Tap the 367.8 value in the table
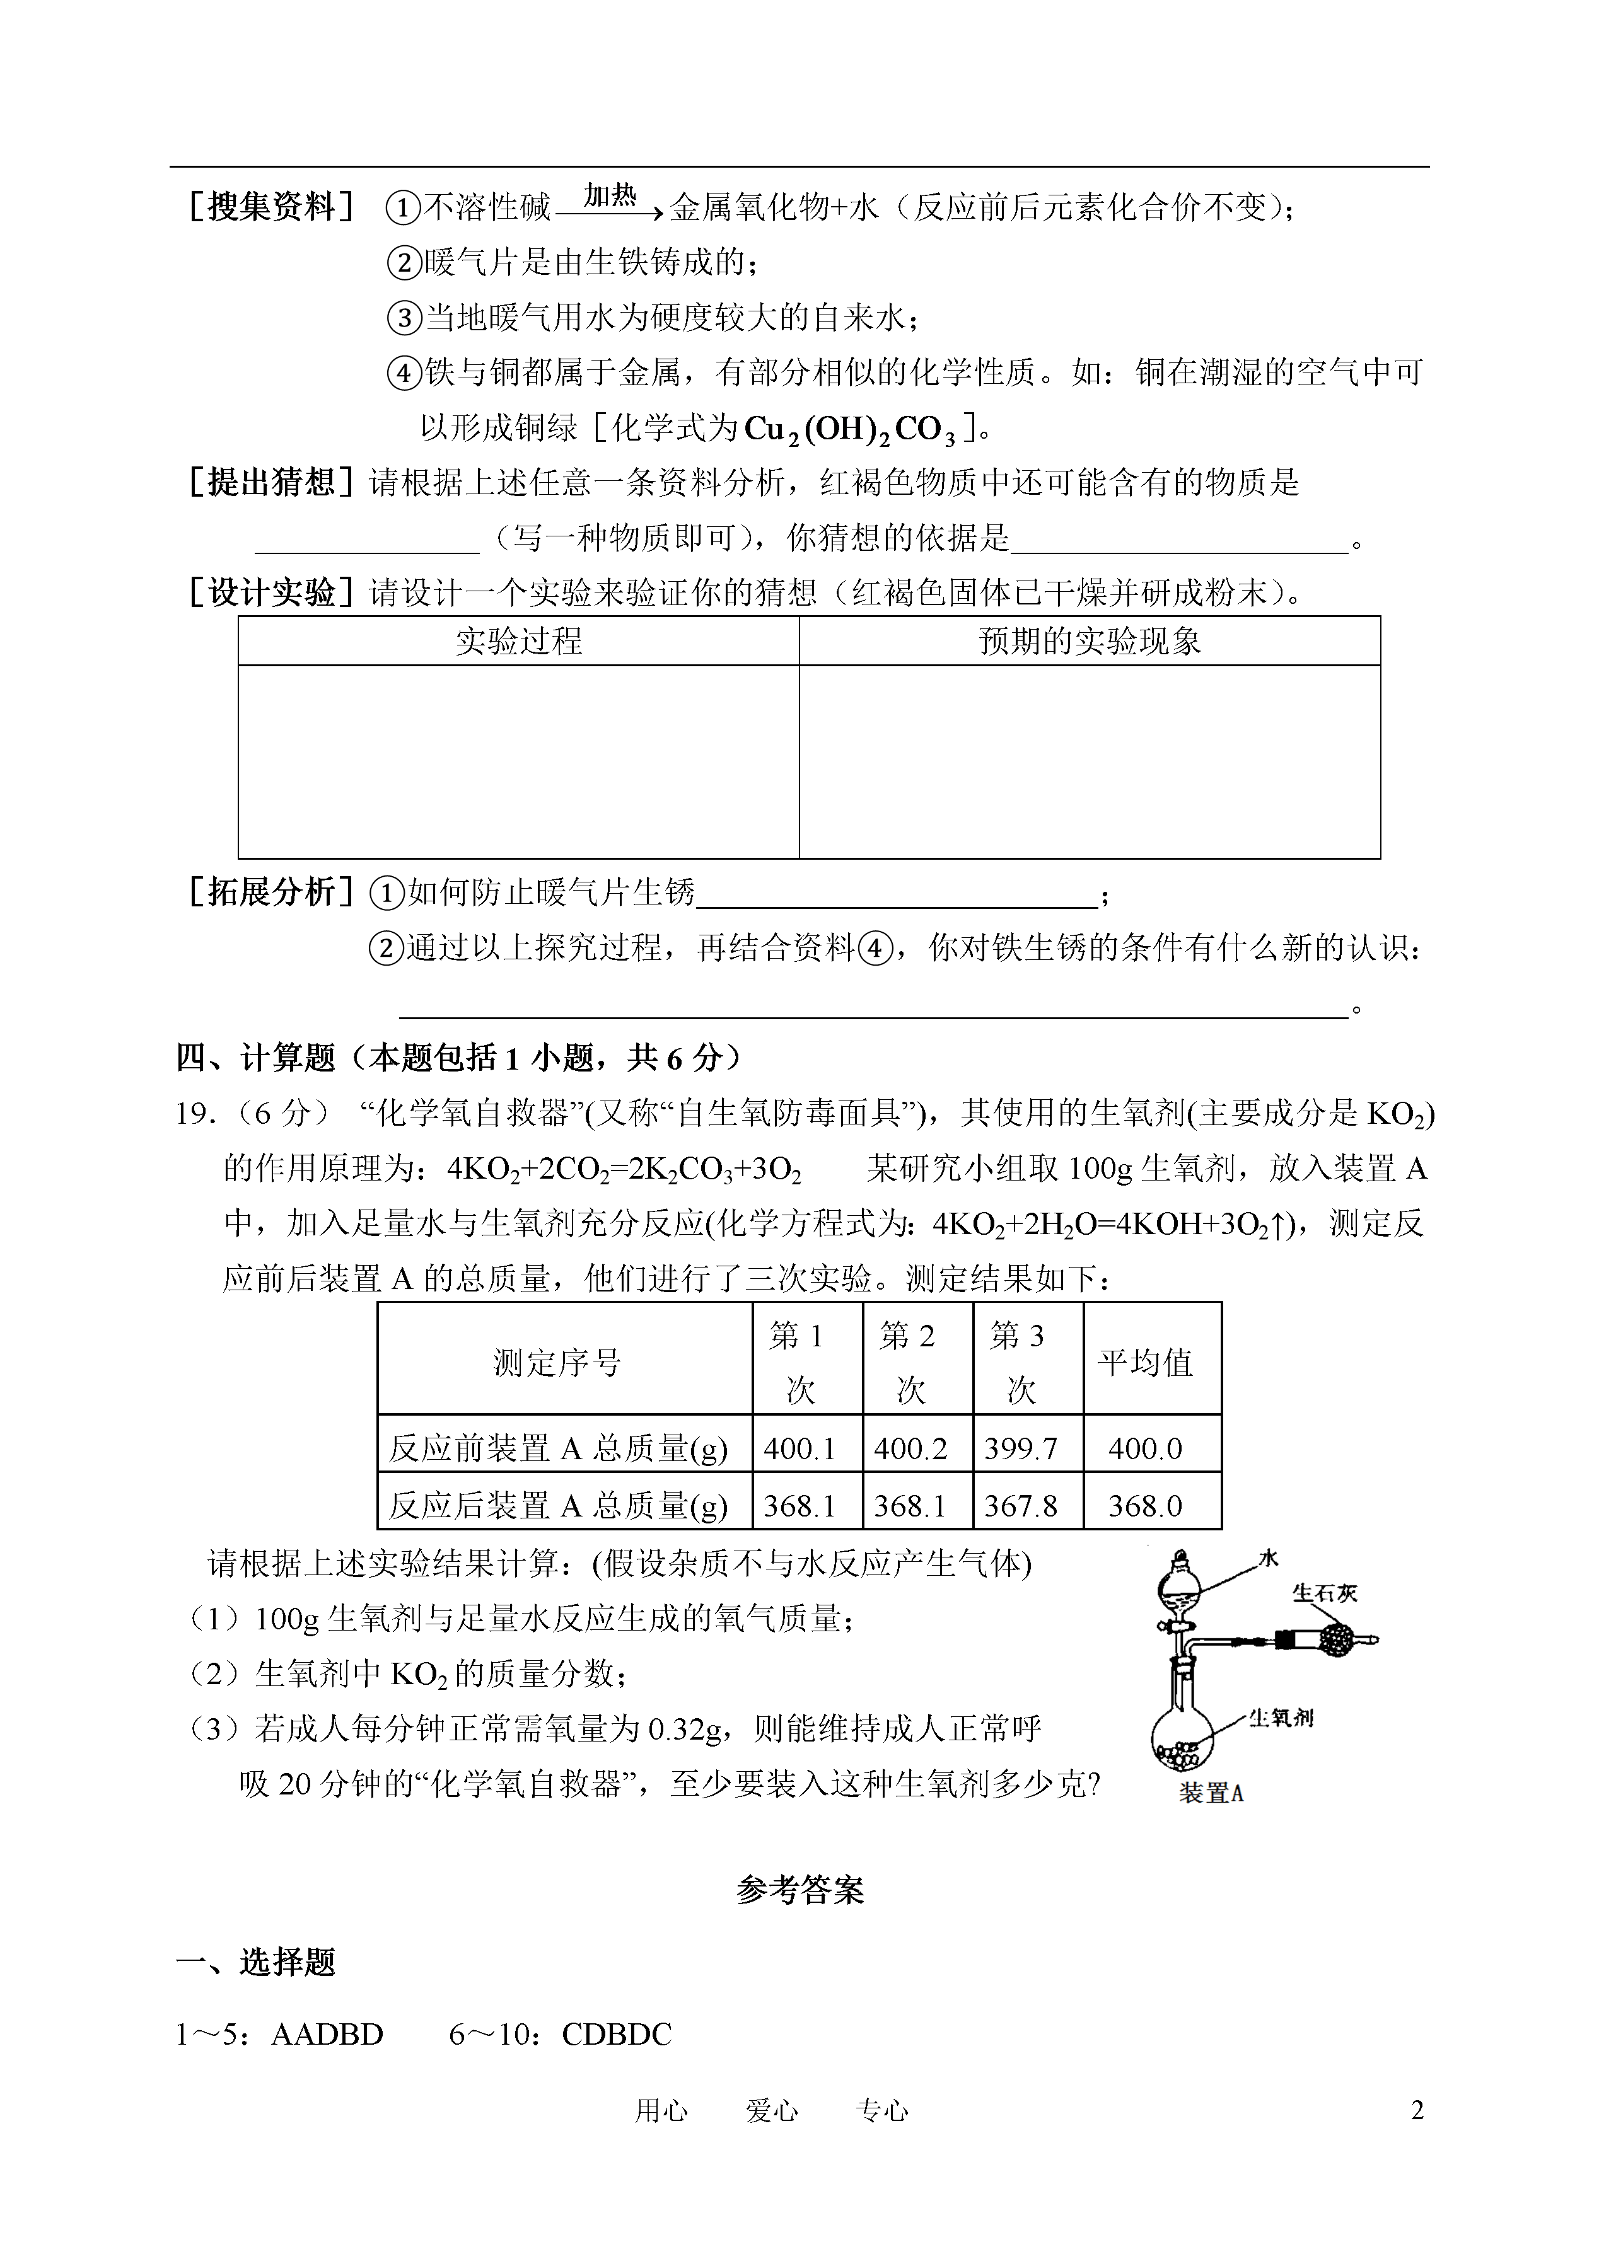[1020, 1506]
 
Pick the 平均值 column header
[1145, 1363]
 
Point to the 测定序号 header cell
[557, 1363]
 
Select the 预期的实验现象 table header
[1089, 642]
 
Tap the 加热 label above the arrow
[610, 196]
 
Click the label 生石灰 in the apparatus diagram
[1324, 1593]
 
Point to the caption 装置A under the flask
[1211, 1793]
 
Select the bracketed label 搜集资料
[270, 208]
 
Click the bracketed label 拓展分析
[270, 892]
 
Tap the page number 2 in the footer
[1417, 2110]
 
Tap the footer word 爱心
[772, 2110]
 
